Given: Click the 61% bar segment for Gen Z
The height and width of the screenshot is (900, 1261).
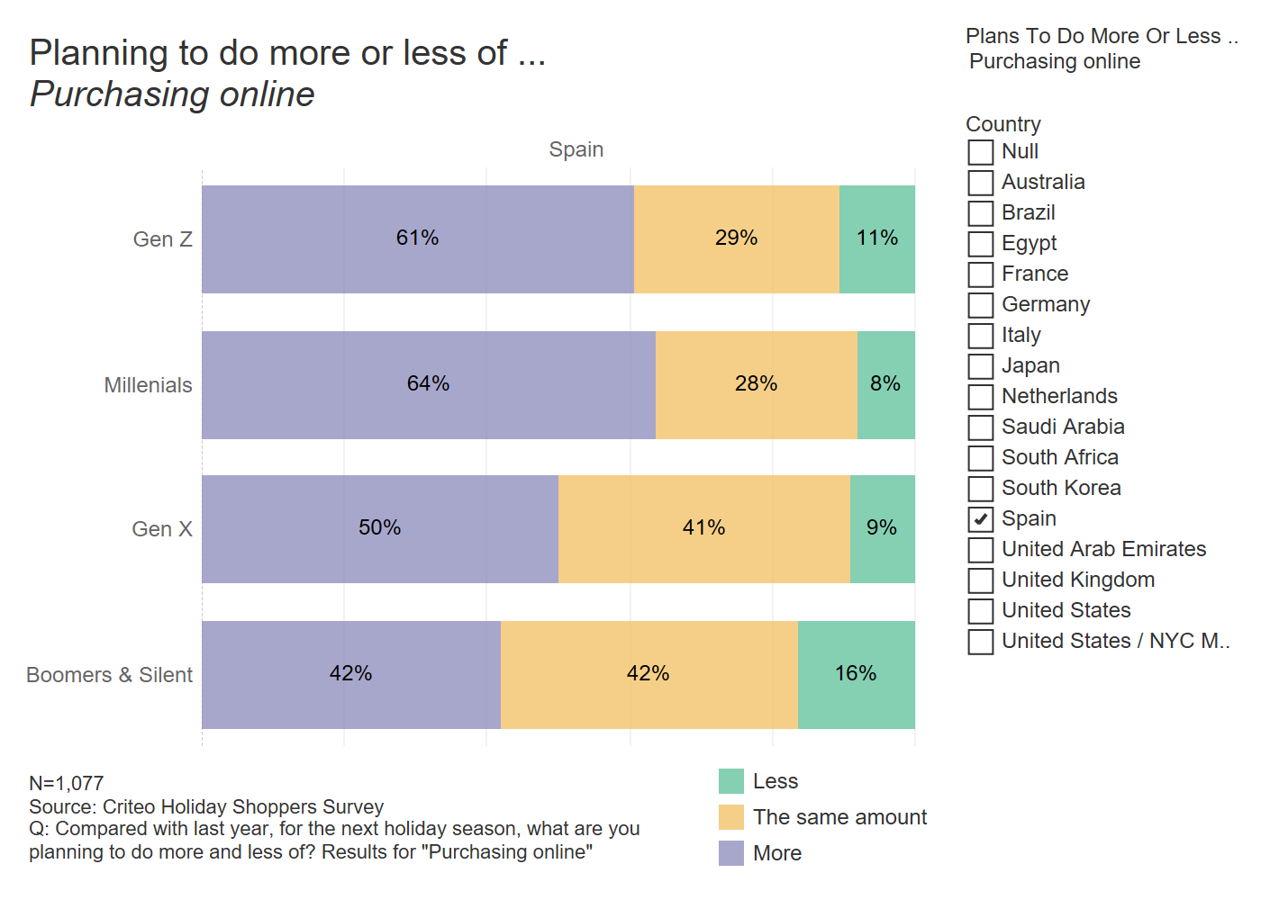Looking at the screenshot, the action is coord(418,239).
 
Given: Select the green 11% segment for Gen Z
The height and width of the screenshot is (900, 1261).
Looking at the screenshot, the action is coord(877,239).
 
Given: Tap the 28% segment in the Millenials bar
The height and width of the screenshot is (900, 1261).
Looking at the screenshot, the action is coord(757,385).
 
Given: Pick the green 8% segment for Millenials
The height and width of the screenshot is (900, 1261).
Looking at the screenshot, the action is coord(886,385).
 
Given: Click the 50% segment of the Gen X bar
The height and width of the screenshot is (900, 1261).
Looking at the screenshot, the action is coord(380,529).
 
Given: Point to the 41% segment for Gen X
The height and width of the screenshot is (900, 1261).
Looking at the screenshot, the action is coord(704,529).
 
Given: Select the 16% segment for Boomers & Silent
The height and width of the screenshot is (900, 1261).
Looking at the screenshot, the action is coord(857,674).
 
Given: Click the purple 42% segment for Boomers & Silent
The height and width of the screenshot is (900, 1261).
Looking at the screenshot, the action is coord(351,674).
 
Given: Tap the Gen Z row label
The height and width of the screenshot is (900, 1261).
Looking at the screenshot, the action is coord(162,239).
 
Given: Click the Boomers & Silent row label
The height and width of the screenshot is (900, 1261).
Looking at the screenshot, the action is coord(109,674).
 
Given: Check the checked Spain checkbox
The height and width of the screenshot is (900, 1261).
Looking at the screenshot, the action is coord(980,519).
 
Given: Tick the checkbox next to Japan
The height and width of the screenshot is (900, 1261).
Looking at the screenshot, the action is coord(980,366).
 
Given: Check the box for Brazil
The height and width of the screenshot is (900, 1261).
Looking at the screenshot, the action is coord(980,213).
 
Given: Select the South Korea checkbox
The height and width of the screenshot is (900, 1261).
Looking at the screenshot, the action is coord(980,489).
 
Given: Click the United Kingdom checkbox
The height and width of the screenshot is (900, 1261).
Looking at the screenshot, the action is coord(980,580).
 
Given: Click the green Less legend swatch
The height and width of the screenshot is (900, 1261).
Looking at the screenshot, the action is coord(731,781).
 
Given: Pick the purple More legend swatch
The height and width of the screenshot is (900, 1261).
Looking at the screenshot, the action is coord(731,853).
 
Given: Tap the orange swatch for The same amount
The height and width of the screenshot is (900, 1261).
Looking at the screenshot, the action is coord(731,817).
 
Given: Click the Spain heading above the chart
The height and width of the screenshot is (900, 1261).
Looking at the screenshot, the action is coord(576,149).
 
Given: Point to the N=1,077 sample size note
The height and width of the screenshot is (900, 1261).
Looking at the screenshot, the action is coord(67,783).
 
